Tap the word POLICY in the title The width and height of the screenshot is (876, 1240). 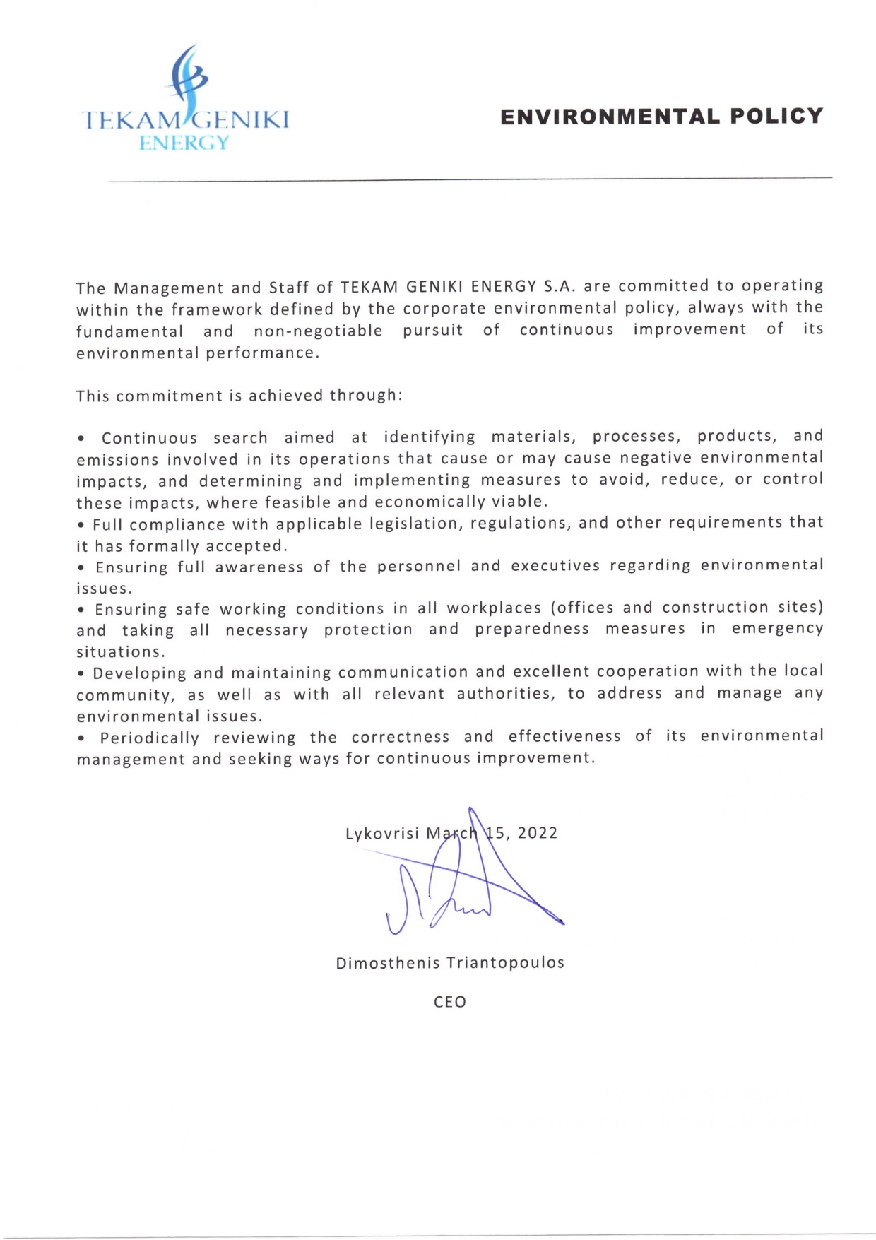777,117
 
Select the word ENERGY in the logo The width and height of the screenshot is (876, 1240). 184,143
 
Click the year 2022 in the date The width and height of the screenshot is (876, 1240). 538,833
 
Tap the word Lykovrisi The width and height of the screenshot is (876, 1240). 382,834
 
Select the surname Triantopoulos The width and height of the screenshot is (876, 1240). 505,963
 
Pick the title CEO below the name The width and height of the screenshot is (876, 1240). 450,1002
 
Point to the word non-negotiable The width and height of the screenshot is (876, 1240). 318,331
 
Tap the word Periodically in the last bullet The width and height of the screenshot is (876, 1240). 149,738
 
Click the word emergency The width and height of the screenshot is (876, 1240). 777,629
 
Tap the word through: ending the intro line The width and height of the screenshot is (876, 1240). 366,395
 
